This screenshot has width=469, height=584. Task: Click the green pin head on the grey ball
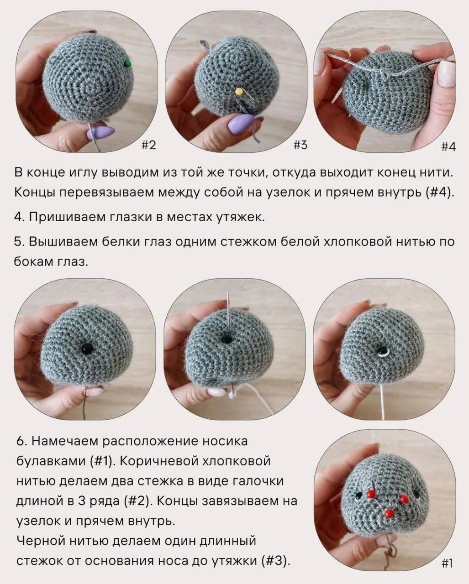(127, 63)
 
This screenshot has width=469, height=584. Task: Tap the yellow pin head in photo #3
(238, 92)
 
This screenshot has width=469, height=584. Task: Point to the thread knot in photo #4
(384, 73)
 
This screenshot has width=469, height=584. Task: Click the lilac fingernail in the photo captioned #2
(100, 132)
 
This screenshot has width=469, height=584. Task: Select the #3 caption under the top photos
(300, 145)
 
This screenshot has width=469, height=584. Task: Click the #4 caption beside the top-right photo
(448, 147)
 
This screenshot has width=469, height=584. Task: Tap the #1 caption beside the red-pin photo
(447, 562)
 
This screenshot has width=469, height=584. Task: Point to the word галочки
(258, 481)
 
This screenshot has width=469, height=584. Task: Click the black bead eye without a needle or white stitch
(87, 348)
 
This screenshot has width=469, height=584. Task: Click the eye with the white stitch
(383, 351)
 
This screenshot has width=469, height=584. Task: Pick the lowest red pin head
(390, 513)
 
